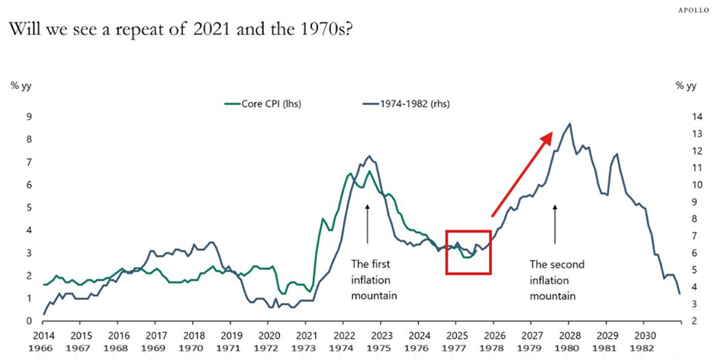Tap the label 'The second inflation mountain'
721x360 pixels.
(557, 279)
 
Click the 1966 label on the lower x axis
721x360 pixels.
(43, 349)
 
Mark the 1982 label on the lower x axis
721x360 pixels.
(645, 349)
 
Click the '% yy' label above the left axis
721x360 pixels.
(21, 85)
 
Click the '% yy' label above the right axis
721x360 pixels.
(686, 85)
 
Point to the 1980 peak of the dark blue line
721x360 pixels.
(569, 124)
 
